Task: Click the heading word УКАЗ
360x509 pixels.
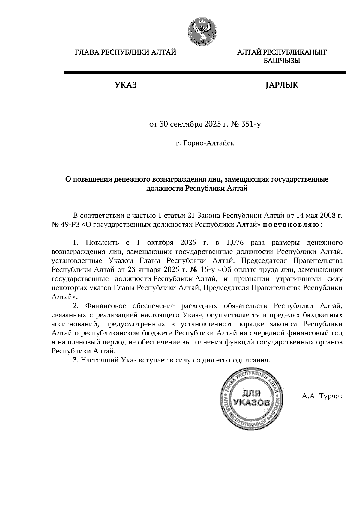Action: (x=125, y=85)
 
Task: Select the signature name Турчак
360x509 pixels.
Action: (x=331, y=396)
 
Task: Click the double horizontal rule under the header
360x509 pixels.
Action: (x=205, y=72)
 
